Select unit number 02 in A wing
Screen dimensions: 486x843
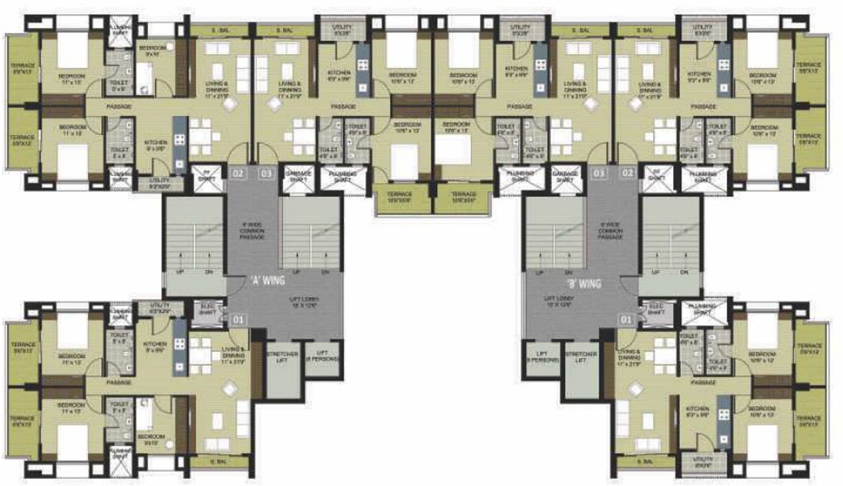point(238,172)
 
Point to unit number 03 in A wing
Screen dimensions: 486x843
point(266,172)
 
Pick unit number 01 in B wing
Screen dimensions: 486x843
point(626,320)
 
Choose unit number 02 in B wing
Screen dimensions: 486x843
point(627,172)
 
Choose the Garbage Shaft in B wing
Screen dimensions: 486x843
point(566,176)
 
